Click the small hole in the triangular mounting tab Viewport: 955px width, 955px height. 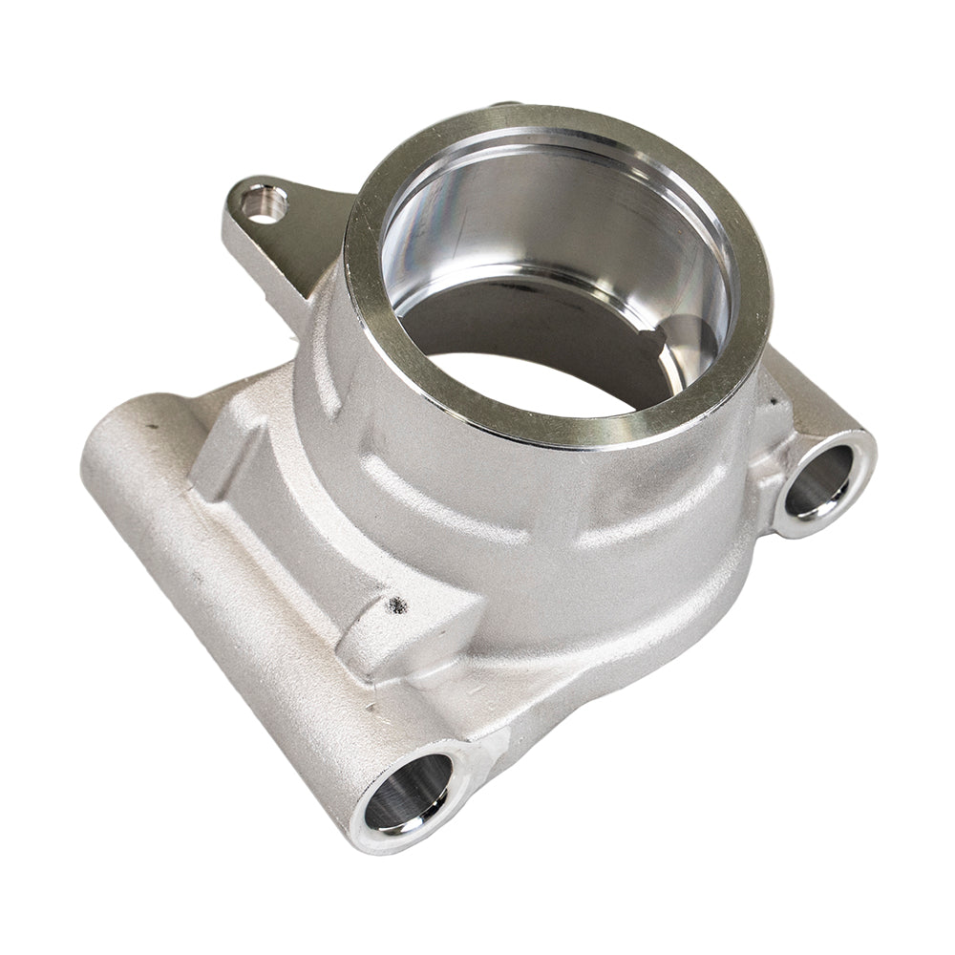[265, 202]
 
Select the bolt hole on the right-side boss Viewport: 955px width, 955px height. [820, 482]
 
